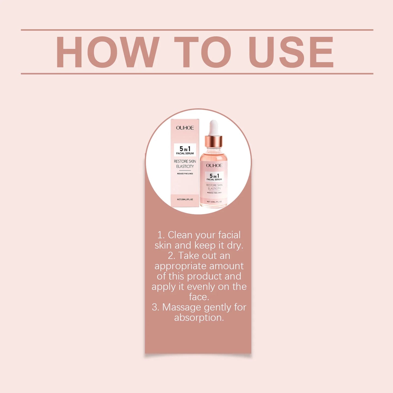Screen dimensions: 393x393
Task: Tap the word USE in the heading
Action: tap(291, 52)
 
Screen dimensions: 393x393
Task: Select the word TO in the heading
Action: tap(203, 52)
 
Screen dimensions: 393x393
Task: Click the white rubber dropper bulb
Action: tap(213, 128)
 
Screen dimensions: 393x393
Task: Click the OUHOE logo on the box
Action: tap(185, 128)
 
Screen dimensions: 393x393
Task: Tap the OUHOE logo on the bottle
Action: tap(214, 165)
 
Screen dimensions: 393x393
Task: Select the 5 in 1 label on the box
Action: tap(185, 150)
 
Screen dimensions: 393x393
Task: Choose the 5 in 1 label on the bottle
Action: tap(214, 177)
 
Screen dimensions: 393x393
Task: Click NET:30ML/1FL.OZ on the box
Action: tap(185, 199)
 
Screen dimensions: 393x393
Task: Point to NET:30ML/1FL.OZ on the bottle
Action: tap(214, 202)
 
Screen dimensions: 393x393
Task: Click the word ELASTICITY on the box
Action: tap(185, 166)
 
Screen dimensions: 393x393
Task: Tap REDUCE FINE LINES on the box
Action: tap(185, 174)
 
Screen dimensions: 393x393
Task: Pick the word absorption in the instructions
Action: tap(199, 318)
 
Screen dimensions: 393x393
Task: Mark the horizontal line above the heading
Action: tap(197, 30)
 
